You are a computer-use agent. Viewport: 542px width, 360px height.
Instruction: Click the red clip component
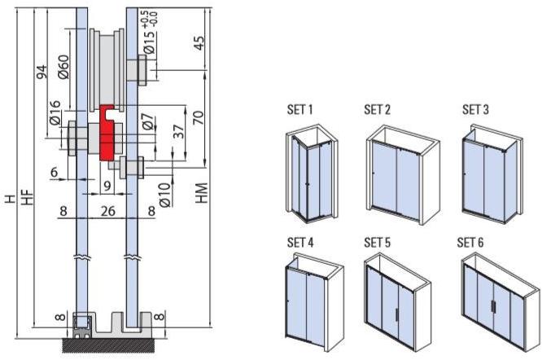[107, 133]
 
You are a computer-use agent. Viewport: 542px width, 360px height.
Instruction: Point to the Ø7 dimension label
[146, 123]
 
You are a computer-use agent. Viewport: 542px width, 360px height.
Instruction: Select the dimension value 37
[179, 133]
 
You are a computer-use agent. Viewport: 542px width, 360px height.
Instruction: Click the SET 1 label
[300, 109]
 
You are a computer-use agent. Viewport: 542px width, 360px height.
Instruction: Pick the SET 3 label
[475, 109]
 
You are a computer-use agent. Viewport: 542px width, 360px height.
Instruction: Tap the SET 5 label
[378, 242]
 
